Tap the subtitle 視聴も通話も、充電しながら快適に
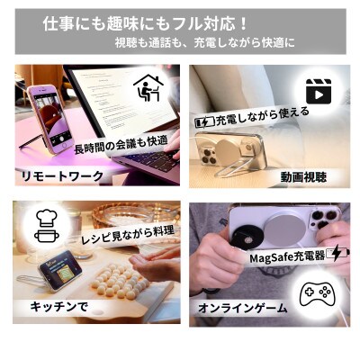tap(204, 42)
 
